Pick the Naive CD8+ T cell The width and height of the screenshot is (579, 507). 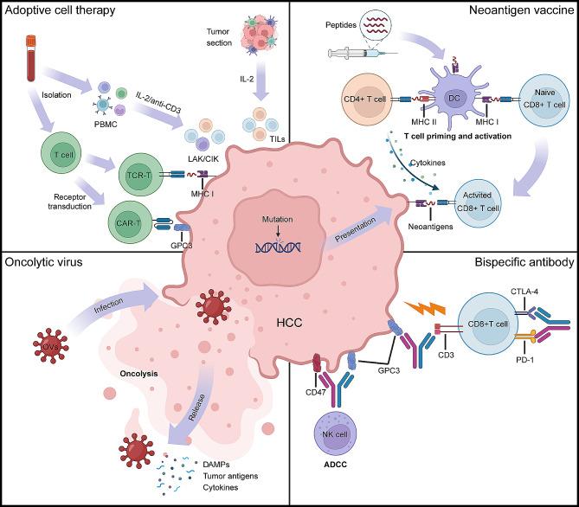[543, 100]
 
